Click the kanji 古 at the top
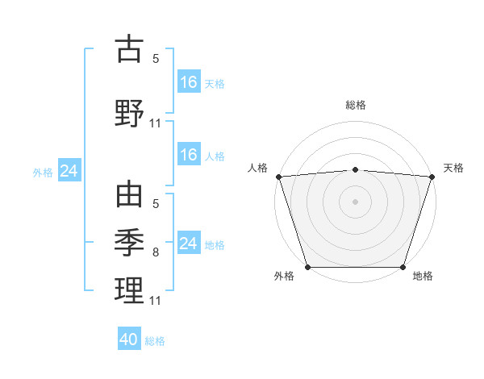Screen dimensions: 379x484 tap(130, 49)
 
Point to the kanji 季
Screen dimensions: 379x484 tap(130, 240)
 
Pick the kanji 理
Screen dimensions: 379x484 tap(130, 289)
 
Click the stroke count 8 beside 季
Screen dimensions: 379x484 tap(156, 252)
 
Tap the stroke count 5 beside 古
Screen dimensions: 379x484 tap(156, 59)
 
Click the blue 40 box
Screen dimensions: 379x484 tap(129, 339)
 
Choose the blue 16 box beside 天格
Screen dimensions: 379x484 tap(189, 81)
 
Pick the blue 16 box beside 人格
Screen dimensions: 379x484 tap(189, 155)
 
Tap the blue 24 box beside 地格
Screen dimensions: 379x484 tap(189, 244)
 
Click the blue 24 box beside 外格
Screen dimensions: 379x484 tap(69, 171)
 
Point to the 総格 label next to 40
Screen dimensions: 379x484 tap(155, 341)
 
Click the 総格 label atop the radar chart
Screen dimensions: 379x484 tap(355, 105)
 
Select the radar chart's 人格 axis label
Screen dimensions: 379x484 tap(259, 168)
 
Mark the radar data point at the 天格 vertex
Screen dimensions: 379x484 tap(432, 177)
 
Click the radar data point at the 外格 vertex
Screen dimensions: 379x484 tap(307, 267)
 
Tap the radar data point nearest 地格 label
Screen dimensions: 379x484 tap(403, 267)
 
